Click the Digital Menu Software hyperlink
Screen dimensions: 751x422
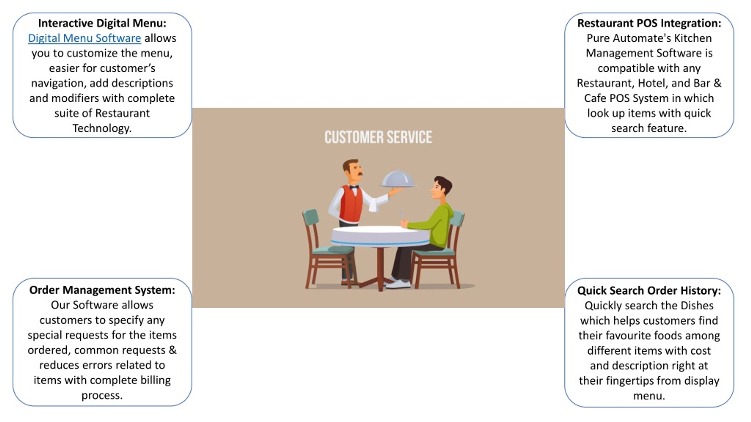pos(84,38)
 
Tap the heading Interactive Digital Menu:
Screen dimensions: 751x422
pos(102,23)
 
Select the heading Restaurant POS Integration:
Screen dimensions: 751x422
pos(649,23)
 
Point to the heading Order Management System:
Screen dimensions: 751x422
pos(102,290)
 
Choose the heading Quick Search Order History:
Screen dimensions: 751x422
pos(649,291)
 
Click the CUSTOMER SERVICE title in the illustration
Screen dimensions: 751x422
pos(378,137)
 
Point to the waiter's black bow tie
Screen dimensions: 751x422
pos(354,187)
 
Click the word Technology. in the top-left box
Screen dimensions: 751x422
pos(102,128)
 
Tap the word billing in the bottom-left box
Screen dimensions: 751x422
pos(155,380)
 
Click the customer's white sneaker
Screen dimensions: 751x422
pos(398,284)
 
